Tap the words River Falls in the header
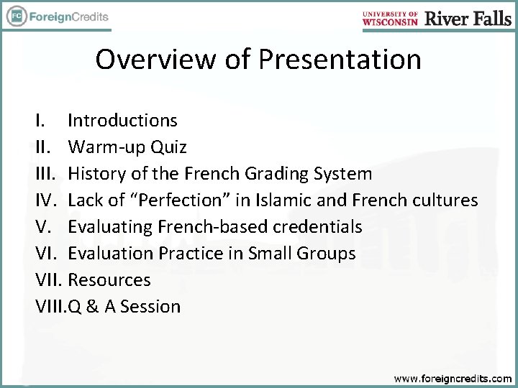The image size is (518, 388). click(x=468, y=18)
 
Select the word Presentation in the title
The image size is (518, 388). click(x=340, y=59)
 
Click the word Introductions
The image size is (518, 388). click(x=122, y=121)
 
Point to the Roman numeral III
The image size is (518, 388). click(x=45, y=174)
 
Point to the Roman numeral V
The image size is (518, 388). click(x=43, y=227)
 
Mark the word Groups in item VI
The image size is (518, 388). click(x=328, y=254)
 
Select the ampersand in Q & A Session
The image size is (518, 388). click(x=91, y=307)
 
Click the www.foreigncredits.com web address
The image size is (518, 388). click(x=453, y=377)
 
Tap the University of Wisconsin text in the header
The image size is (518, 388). click(x=391, y=18)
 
